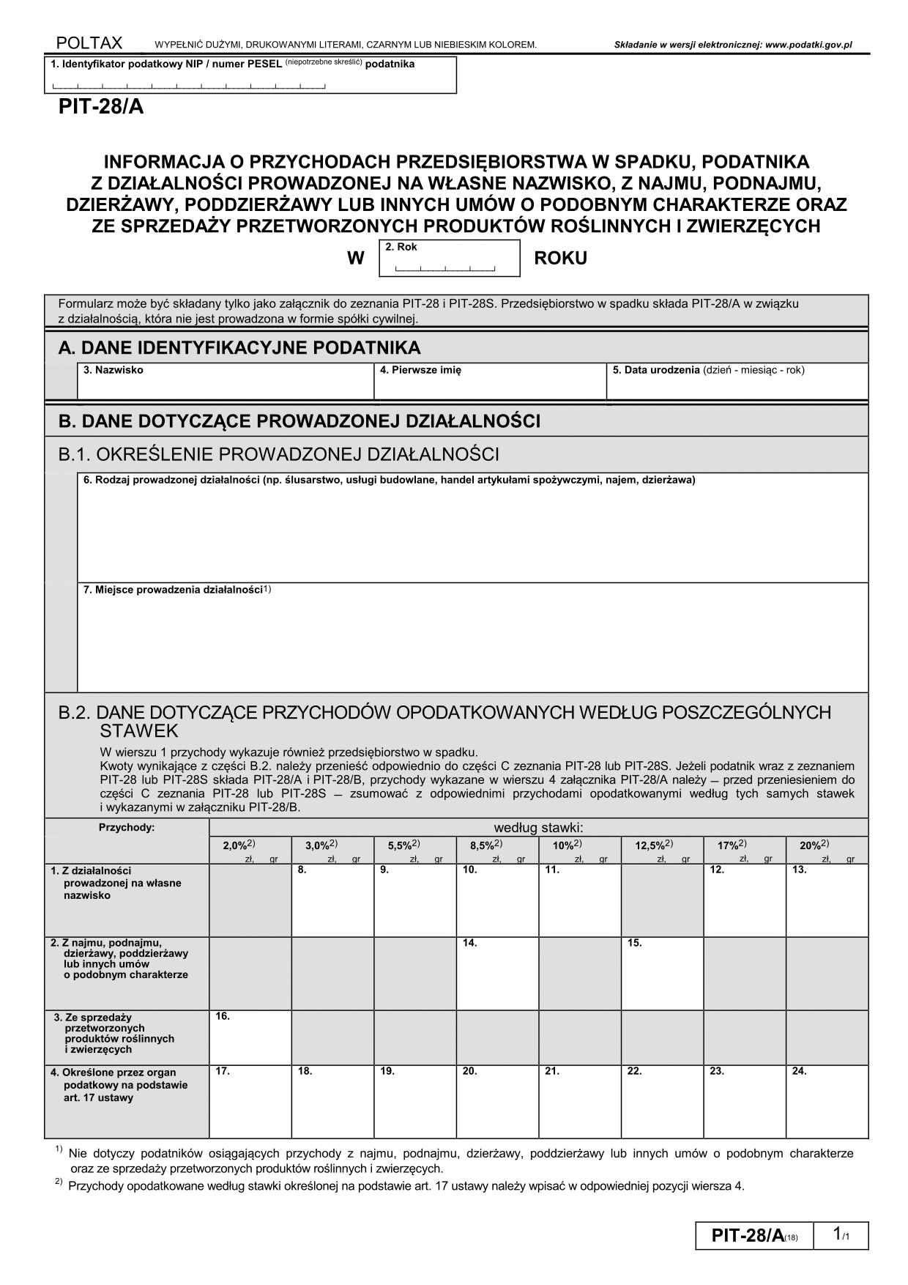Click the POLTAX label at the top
click(x=89, y=43)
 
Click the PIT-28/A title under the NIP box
click(x=101, y=108)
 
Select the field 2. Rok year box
click(x=449, y=259)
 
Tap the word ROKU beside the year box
click(x=560, y=259)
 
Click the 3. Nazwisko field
click(x=225, y=382)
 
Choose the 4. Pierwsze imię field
click(x=489, y=382)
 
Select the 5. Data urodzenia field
click(x=737, y=382)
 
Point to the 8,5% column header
click(x=486, y=845)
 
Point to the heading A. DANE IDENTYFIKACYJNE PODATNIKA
click(x=239, y=347)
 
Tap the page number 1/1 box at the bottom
click(x=844, y=1235)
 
